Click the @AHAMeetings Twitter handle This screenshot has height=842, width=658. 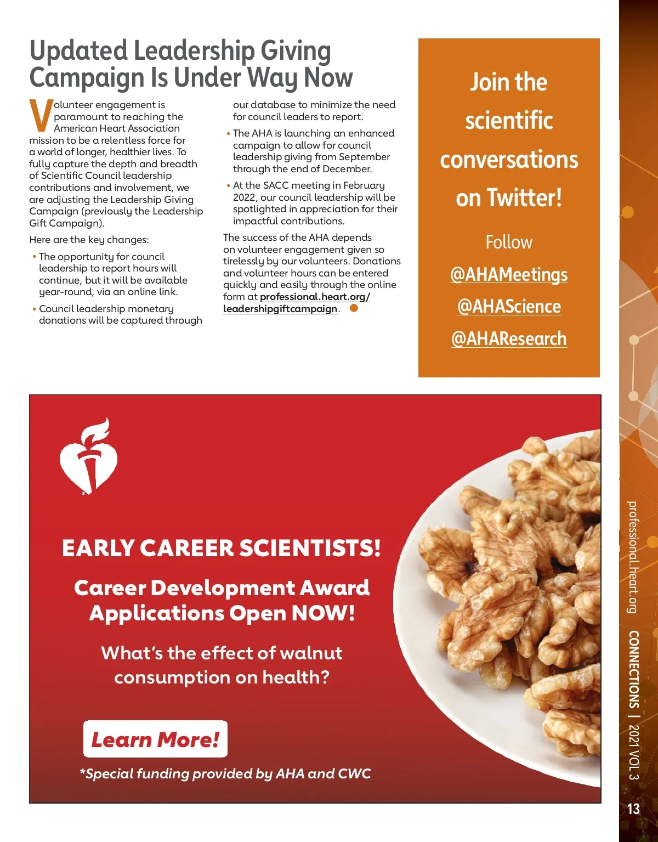(509, 274)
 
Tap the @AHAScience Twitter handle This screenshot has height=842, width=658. (509, 306)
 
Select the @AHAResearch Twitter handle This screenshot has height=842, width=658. (509, 338)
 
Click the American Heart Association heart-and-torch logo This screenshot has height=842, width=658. (88, 455)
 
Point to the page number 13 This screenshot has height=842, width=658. (633, 809)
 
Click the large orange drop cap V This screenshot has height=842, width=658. (41, 116)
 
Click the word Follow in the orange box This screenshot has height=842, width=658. (509, 242)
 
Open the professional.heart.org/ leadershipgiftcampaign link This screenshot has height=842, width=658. (296, 303)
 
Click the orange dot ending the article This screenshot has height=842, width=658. (354, 308)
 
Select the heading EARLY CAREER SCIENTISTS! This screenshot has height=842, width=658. (221, 548)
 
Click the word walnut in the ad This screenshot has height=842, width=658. (310, 653)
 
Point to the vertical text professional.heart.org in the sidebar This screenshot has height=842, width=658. (633, 557)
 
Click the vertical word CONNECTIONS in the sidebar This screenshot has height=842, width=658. (633, 669)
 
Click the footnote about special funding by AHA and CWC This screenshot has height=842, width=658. (225, 773)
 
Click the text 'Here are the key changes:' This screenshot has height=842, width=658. (89, 240)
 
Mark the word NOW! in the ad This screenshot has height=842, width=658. (324, 613)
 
